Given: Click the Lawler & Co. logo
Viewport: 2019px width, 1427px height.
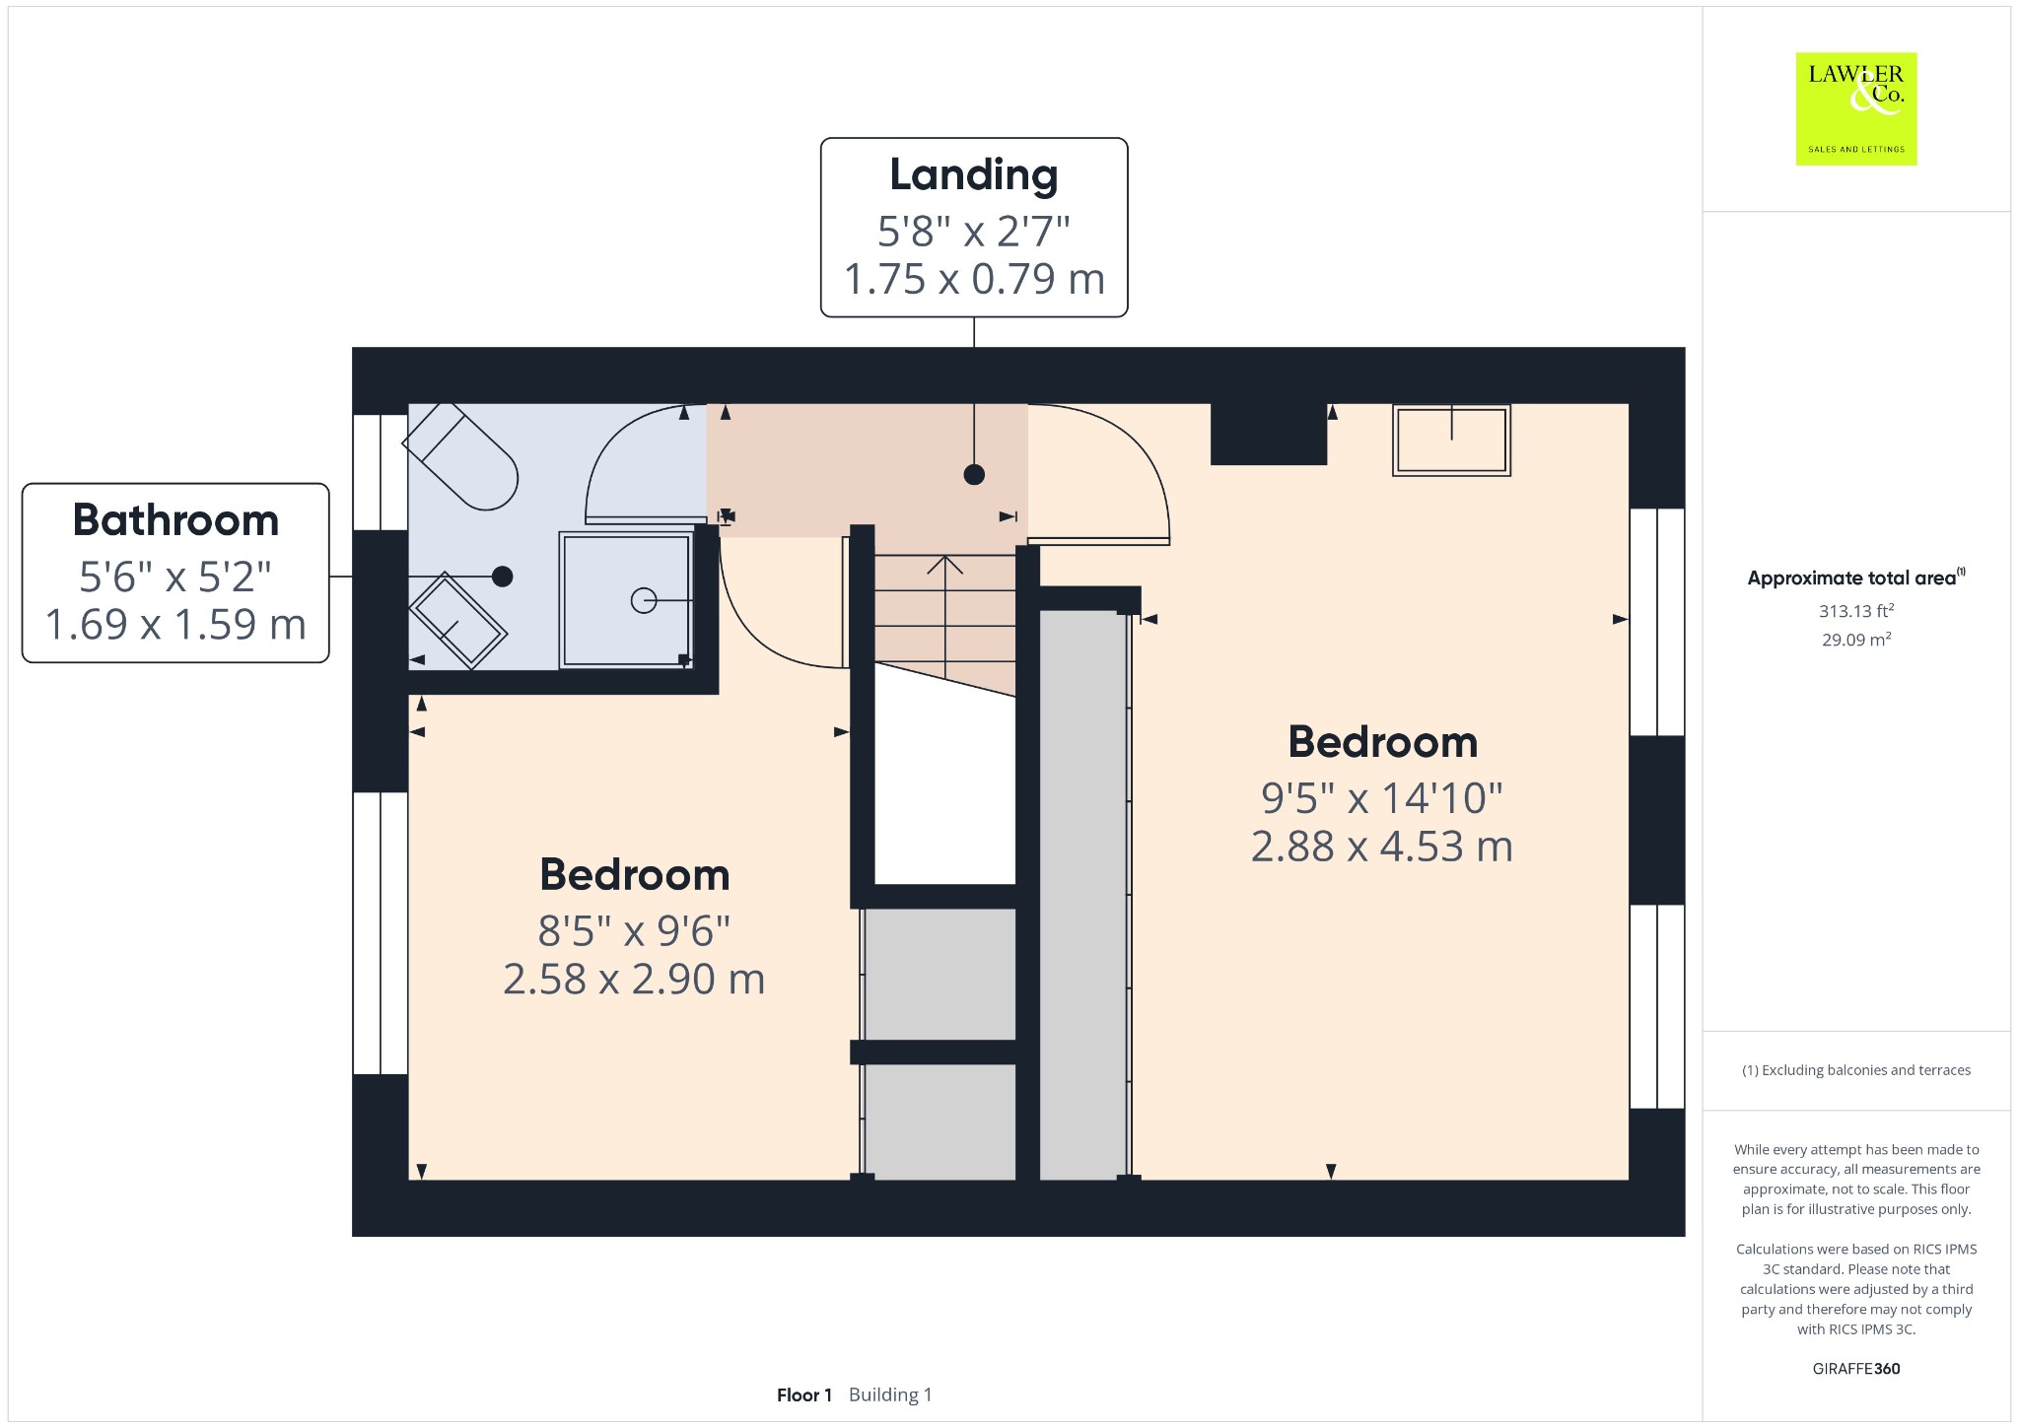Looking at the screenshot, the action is click(1855, 108).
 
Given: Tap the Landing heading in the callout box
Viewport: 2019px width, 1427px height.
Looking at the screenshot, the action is click(974, 175).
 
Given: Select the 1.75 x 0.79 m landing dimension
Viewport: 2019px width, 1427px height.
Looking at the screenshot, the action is click(974, 279).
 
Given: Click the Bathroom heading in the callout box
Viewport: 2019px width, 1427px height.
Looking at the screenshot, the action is click(175, 520).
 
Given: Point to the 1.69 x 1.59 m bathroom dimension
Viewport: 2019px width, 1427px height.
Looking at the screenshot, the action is click(175, 625).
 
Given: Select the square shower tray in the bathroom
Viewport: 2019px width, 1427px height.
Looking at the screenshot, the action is click(626, 600).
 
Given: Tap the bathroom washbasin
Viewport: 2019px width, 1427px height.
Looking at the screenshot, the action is click(457, 621).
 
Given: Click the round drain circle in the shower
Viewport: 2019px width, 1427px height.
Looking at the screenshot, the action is click(644, 600).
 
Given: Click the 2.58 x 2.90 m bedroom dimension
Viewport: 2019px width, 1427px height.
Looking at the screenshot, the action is click(634, 980).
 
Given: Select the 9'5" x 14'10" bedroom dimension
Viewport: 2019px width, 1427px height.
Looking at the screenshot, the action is click(1382, 798).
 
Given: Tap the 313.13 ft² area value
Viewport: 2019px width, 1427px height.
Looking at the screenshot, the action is click(1856, 611).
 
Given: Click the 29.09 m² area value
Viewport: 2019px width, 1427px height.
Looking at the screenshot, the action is click(1856, 640).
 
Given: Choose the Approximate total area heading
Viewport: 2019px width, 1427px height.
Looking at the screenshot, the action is click(1856, 578).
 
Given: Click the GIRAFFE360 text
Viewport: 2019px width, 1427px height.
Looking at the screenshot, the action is click(1856, 1369).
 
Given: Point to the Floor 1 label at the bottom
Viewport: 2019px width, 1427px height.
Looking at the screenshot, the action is click(803, 1395).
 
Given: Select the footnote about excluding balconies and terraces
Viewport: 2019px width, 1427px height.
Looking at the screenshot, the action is click(1856, 1070).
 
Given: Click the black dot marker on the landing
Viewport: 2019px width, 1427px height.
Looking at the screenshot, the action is click(974, 475).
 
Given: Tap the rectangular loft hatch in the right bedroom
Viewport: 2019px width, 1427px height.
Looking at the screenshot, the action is click(1451, 441).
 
